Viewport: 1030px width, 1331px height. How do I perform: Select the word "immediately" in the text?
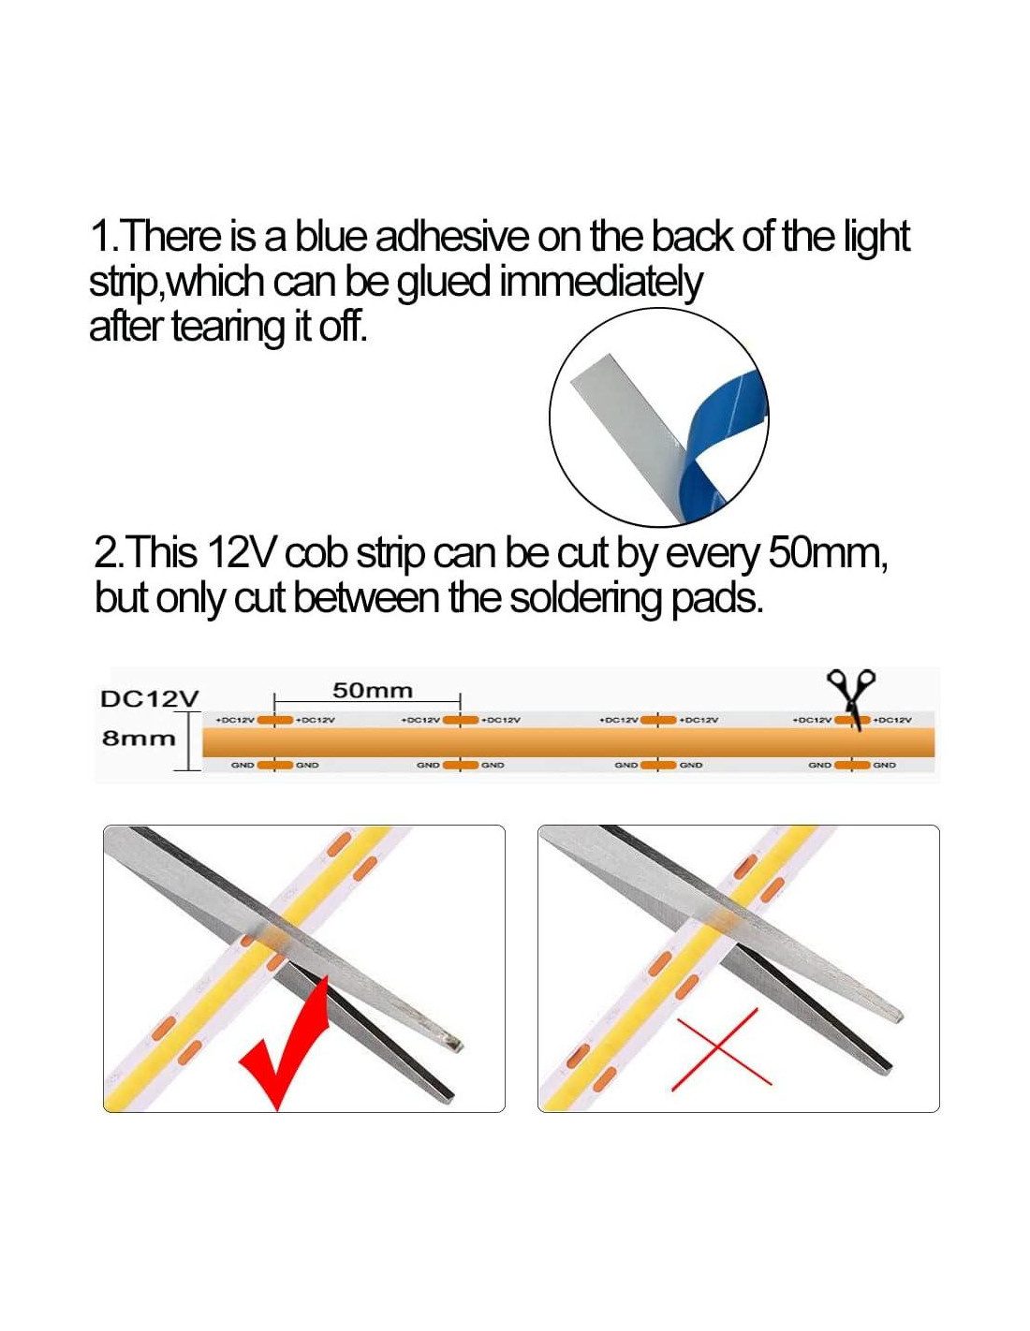click(x=600, y=285)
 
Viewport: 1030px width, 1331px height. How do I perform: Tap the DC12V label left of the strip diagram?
click(x=150, y=699)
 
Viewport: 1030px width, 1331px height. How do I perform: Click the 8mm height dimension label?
click(x=139, y=739)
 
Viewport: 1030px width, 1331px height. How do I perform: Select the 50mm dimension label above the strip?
click(x=373, y=691)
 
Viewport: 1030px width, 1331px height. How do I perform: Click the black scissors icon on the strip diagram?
click(x=852, y=695)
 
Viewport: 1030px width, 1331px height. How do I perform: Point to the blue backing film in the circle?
click(x=723, y=444)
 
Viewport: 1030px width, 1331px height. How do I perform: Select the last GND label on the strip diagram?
click(x=884, y=765)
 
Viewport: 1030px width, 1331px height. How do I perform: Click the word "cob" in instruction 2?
click(x=318, y=554)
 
